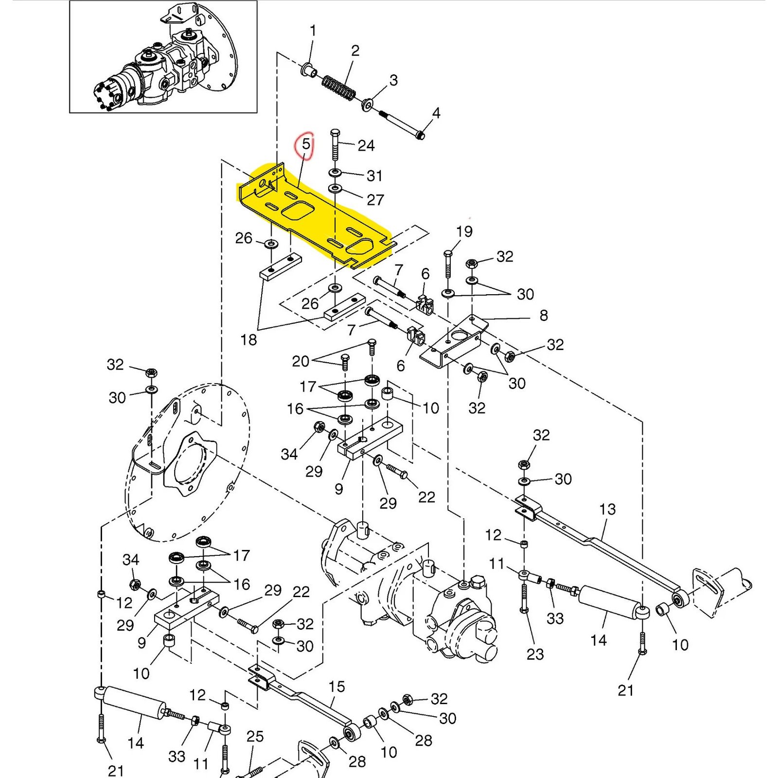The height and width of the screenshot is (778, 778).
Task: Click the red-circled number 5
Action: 306,144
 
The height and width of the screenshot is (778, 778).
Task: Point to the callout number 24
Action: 366,145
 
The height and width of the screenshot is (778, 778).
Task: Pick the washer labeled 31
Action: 335,173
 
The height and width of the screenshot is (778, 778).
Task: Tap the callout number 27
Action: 375,199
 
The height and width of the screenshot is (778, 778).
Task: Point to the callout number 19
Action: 464,231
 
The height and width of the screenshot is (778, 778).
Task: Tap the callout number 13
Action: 607,509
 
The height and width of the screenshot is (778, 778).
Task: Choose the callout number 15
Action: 336,687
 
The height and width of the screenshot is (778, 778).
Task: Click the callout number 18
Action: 248,339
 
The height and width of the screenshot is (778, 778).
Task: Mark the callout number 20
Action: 301,361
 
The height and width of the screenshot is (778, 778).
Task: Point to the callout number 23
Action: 535,654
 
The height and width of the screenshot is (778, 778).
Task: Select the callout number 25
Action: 255,736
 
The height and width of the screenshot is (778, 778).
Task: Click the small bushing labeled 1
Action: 308,70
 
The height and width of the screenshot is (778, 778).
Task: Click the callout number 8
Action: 544,315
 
